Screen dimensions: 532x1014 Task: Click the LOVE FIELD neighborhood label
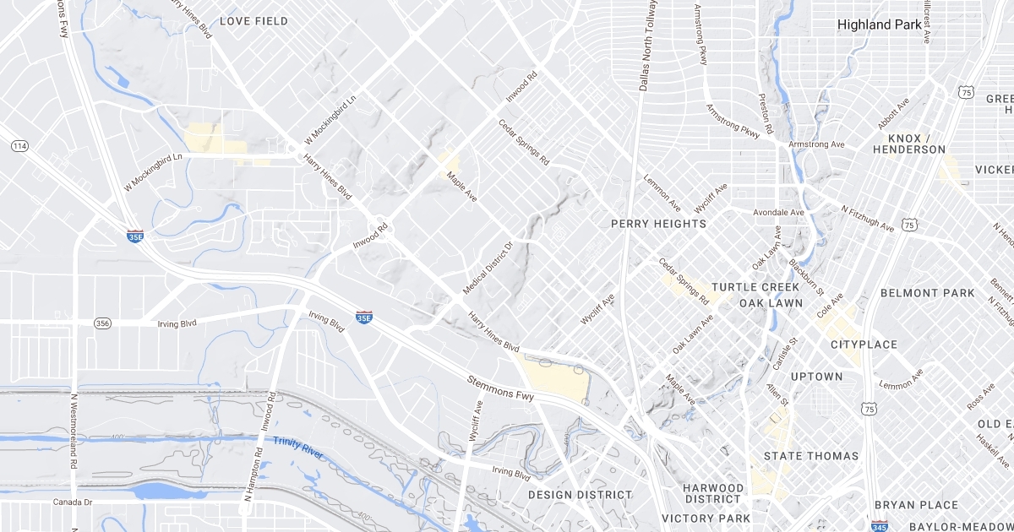point(253,21)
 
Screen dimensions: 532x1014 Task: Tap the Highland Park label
point(879,24)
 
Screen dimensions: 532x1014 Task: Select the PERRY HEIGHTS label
point(658,224)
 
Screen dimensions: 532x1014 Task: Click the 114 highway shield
point(19,147)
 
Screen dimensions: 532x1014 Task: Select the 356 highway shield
point(102,323)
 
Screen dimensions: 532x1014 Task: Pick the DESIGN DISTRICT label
point(580,495)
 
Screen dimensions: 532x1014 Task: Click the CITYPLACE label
point(864,345)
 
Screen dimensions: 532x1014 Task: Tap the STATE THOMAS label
point(810,456)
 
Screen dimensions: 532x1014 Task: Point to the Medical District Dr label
point(488,269)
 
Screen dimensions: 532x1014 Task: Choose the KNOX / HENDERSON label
point(909,144)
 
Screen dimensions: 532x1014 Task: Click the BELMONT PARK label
point(927,293)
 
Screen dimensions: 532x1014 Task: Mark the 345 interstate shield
point(879,525)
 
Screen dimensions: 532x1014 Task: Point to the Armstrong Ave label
point(815,144)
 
